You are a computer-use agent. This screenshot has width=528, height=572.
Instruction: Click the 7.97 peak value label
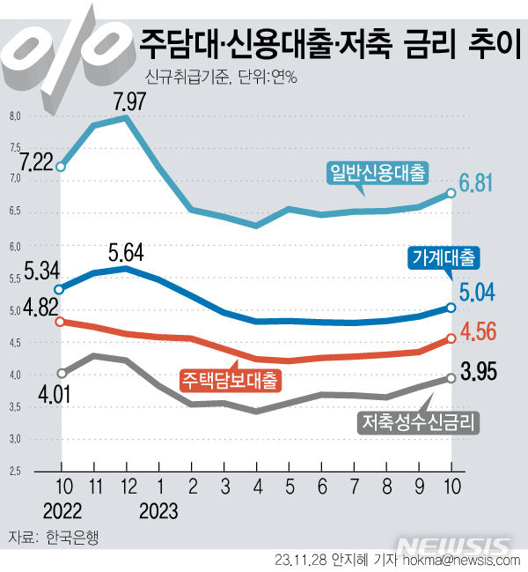coord(129,101)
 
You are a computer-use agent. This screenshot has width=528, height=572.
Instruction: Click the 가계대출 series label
coord(444,258)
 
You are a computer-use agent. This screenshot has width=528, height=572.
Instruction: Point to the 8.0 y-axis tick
coord(14,116)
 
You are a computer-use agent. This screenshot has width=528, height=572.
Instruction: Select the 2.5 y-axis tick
coord(14,472)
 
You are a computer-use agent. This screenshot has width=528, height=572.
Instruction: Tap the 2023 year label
coord(158,510)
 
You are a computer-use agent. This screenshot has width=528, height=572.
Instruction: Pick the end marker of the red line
coord(451,338)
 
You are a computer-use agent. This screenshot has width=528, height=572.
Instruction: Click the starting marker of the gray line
coord(61,373)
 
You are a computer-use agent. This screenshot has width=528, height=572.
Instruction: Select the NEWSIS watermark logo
coord(452,543)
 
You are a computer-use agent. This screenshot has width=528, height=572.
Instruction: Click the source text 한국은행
coord(70,537)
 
